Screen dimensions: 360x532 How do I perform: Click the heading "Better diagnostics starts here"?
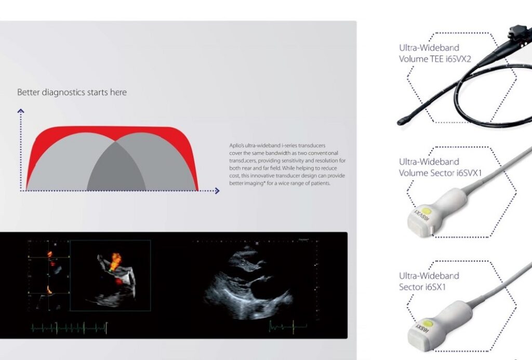point(72,92)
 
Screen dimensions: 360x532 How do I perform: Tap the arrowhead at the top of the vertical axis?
point(21,111)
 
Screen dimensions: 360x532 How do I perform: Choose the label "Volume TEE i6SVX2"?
point(435,59)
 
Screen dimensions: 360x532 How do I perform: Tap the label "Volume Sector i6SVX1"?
point(441,172)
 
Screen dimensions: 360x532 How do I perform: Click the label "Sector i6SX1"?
point(422,287)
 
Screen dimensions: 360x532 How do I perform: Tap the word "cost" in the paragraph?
point(235,176)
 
